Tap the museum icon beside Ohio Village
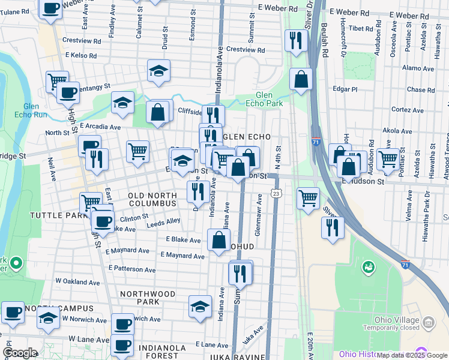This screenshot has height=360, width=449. click(429, 325)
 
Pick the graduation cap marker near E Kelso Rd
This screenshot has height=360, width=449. click(158, 71)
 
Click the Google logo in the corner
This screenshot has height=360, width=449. click(20, 353)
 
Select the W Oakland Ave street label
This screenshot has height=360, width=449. click(77, 281)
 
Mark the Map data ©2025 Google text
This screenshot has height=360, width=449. click(412, 355)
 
